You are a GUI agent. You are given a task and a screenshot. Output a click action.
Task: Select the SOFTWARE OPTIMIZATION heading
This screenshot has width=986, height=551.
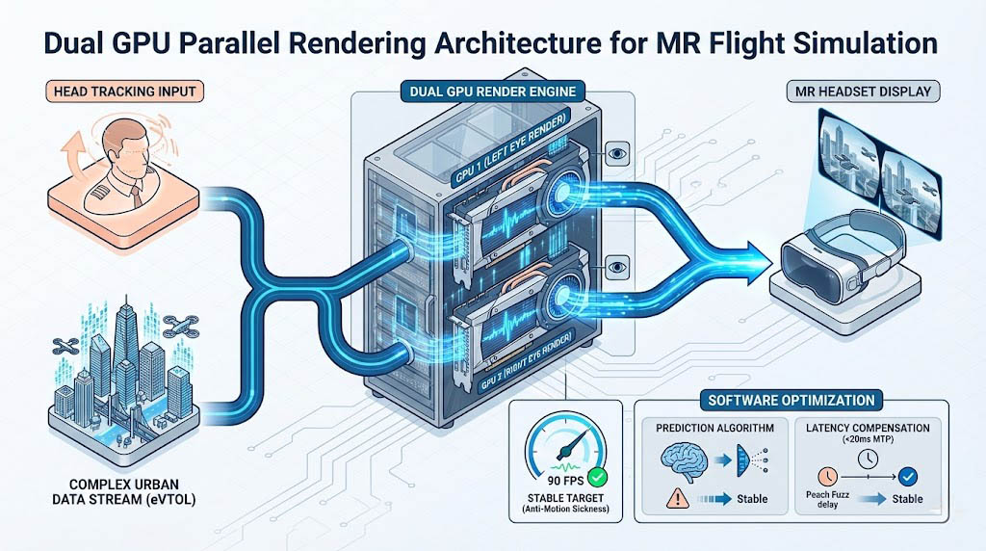791,399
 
